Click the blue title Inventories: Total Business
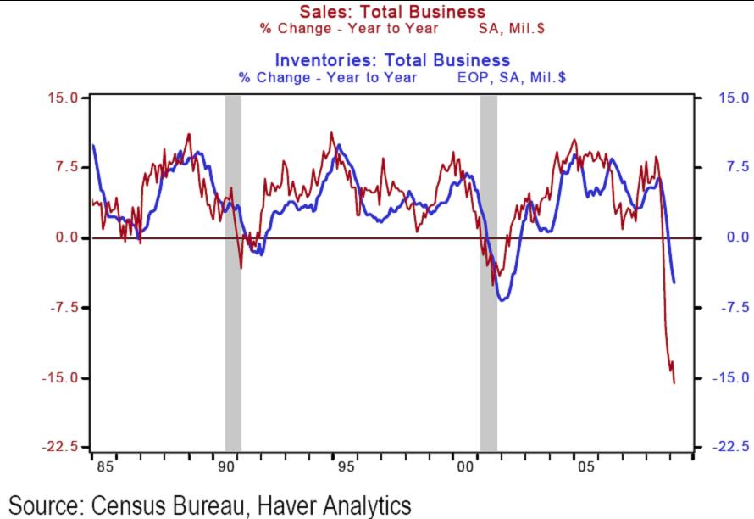pos(392,60)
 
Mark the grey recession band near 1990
pos(233,271)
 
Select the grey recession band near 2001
pos(489,271)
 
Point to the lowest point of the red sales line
pos(674,383)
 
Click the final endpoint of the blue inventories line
pos(674,282)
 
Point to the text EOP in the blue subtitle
pos(460,77)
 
